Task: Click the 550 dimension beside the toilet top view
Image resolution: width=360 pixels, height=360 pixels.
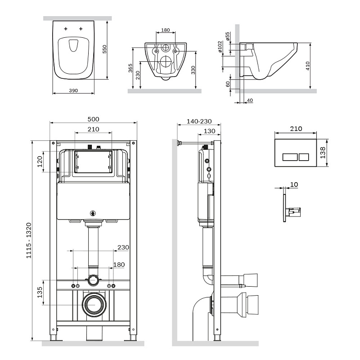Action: [104, 49]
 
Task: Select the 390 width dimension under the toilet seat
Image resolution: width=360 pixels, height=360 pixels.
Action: [74, 90]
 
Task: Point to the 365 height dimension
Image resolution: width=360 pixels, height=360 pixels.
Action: [130, 69]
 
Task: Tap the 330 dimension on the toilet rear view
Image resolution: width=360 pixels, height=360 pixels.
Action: [193, 70]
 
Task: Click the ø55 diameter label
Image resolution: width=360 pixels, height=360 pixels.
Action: [228, 36]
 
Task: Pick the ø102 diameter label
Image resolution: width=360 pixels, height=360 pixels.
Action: [220, 48]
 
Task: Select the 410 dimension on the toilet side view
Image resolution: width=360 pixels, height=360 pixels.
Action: [308, 67]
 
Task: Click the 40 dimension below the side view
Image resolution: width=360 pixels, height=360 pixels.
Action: [250, 100]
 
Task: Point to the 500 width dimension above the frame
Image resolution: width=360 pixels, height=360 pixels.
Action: [93, 119]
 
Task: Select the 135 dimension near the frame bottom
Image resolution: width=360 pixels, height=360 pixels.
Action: [40, 292]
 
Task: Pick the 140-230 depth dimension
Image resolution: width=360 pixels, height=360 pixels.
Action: [198, 121]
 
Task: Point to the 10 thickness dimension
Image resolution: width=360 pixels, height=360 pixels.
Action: [294, 184]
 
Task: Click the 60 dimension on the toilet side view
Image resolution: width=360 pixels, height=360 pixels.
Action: [228, 83]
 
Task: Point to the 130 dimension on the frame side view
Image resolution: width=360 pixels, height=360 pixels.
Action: [209, 130]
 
